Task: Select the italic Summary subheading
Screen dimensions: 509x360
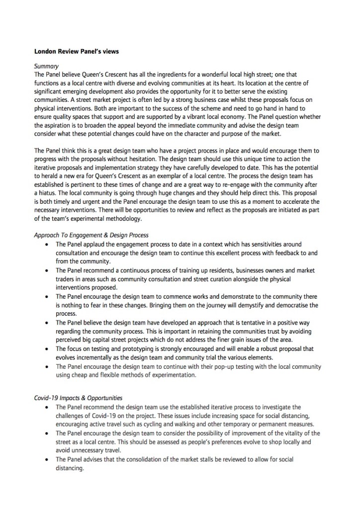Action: point(46,66)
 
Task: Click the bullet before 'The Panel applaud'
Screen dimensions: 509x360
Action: point(46,245)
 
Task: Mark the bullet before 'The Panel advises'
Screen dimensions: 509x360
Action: point(46,459)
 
